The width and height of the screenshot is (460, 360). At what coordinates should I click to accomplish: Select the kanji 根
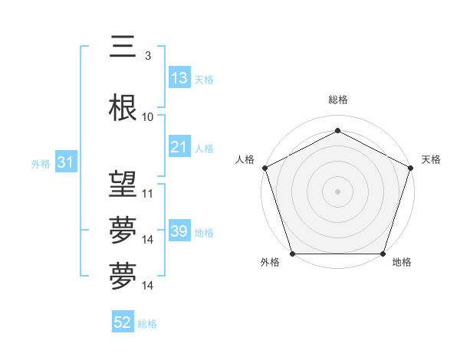click(123, 108)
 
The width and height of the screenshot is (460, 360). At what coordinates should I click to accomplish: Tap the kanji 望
click(123, 185)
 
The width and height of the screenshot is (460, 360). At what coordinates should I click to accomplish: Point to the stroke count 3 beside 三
click(148, 56)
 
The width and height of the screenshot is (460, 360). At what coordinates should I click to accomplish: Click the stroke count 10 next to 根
click(148, 117)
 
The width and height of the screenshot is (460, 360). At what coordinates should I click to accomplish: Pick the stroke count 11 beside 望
click(148, 194)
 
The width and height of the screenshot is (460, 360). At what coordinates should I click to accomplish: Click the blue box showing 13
click(179, 77)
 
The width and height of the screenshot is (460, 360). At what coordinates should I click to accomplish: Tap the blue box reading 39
click(179, 231)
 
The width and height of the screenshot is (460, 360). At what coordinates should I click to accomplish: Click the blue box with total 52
click(123, 322)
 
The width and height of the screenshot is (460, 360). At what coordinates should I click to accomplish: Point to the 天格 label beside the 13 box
click(204, 79)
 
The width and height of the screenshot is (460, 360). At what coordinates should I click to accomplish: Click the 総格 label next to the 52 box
click(148, 324)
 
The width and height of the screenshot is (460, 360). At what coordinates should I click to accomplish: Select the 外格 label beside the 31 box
click(41, 163)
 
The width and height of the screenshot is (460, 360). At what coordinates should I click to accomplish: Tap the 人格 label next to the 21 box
click(204, 148)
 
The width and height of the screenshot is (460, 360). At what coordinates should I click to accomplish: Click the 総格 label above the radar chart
click(337, 100)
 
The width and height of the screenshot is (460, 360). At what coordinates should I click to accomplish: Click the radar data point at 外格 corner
click(292, 254)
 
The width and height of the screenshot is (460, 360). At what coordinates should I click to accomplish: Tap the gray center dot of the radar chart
click(337, 191)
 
